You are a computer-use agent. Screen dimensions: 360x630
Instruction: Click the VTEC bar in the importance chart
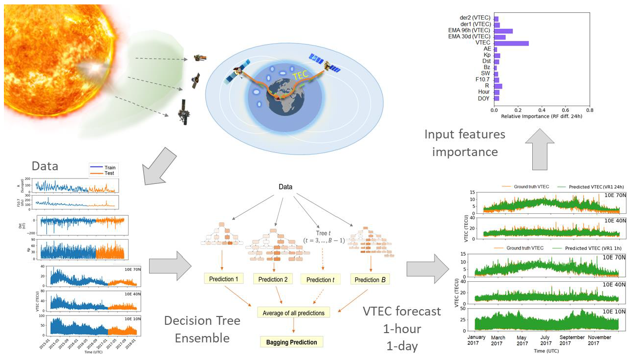511,43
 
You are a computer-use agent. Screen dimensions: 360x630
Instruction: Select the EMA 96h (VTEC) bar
503,31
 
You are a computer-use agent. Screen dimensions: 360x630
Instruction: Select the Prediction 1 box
224,279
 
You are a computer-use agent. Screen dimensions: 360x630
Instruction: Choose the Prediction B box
370,279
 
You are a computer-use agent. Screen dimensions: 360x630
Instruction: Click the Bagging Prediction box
291,342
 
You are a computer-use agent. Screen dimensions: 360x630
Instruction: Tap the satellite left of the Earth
239,72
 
